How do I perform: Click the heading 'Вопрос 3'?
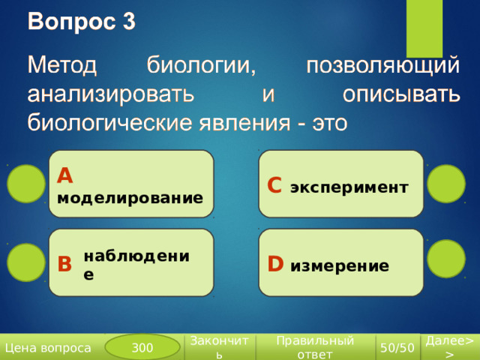(x=82, y=22)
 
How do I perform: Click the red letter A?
(x=65, y=175)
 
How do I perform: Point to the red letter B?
(x=64, y=264)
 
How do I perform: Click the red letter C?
(x=274, y=185)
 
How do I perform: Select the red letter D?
(x=275, y=263)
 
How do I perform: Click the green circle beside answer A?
(x=26, y=184)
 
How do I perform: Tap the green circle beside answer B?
(x=26, y=262)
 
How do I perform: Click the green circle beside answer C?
(x=446, y=184)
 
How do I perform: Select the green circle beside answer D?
(x=446, y=259)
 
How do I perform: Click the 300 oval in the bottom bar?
(x=142, y=347)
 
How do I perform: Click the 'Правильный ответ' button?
(x=315, y=347)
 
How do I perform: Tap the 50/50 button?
(x=397, y=347)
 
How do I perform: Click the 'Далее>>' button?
(x=450, y=347)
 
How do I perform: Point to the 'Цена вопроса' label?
(x=48, y=348)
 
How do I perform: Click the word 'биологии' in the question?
(x=201, y=65)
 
